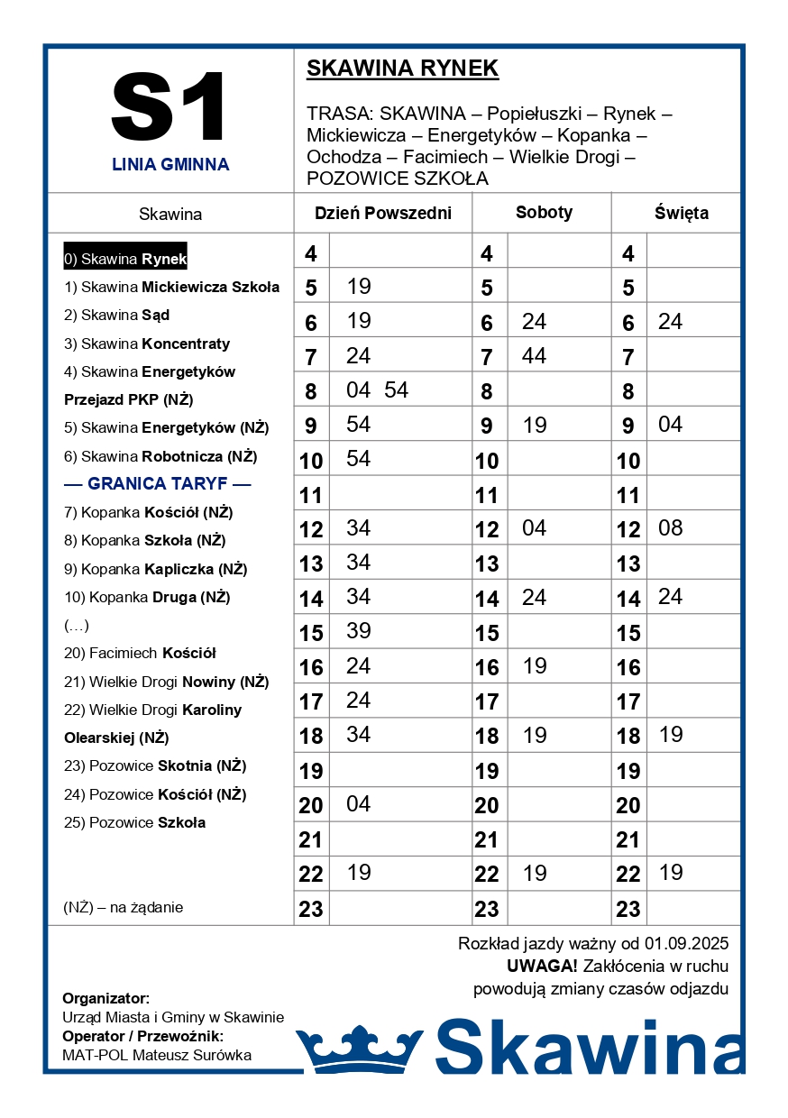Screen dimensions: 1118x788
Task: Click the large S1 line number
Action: [169, 107]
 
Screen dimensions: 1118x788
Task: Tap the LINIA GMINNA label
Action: [170, 165]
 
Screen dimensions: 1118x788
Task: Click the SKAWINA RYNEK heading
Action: [402, 69]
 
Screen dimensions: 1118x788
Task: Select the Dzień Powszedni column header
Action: [382, 214]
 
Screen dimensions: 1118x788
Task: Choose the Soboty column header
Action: [544, 213]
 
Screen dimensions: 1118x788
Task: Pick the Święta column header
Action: [681, 214]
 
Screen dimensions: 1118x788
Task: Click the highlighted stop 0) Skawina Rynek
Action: [125, 260]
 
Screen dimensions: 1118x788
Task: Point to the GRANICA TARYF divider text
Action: [157, 484]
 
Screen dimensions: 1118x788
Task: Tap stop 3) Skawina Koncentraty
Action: [147, 344]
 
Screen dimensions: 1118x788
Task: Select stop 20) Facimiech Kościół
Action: [140, 653]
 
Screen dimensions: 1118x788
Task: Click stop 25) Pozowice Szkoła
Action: [135, 822]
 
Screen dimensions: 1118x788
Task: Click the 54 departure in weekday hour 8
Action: [396, 390]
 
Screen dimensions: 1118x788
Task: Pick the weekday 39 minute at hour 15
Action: [359, 631]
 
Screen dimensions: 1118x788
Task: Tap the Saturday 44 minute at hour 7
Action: [534, 356]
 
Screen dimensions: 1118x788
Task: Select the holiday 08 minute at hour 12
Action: [671, 528]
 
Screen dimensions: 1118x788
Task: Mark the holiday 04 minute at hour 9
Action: [671, 425]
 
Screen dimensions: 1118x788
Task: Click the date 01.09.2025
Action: [686, 944]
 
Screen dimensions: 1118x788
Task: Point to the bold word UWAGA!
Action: [542, 967]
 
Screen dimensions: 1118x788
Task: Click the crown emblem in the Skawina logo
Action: [359, 1049]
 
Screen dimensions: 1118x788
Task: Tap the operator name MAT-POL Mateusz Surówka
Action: [157, 1055]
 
